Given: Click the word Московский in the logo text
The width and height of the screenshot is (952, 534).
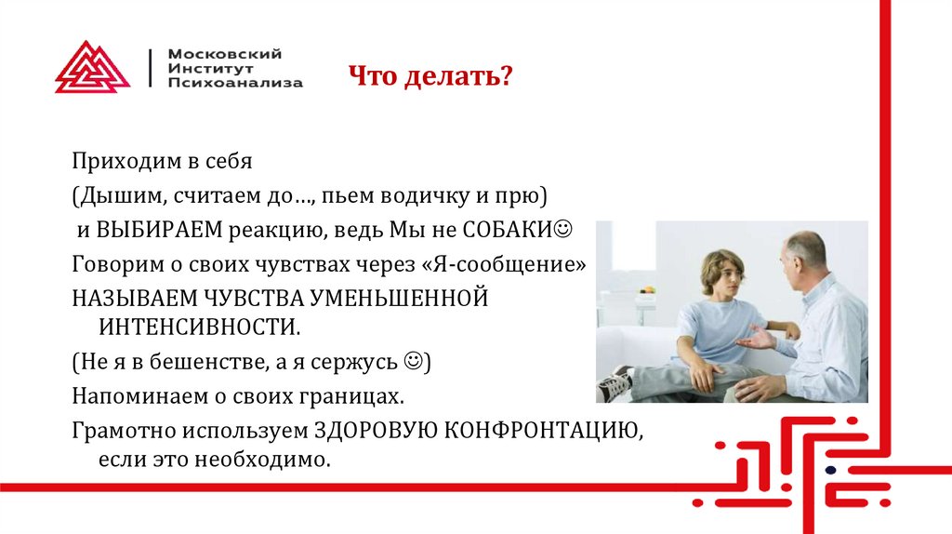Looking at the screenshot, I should (x=225, y=54).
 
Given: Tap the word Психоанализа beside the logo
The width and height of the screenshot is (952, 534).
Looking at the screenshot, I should (x=235, y=83).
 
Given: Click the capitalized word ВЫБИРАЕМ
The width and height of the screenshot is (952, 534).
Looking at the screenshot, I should (x=148, y=229).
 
